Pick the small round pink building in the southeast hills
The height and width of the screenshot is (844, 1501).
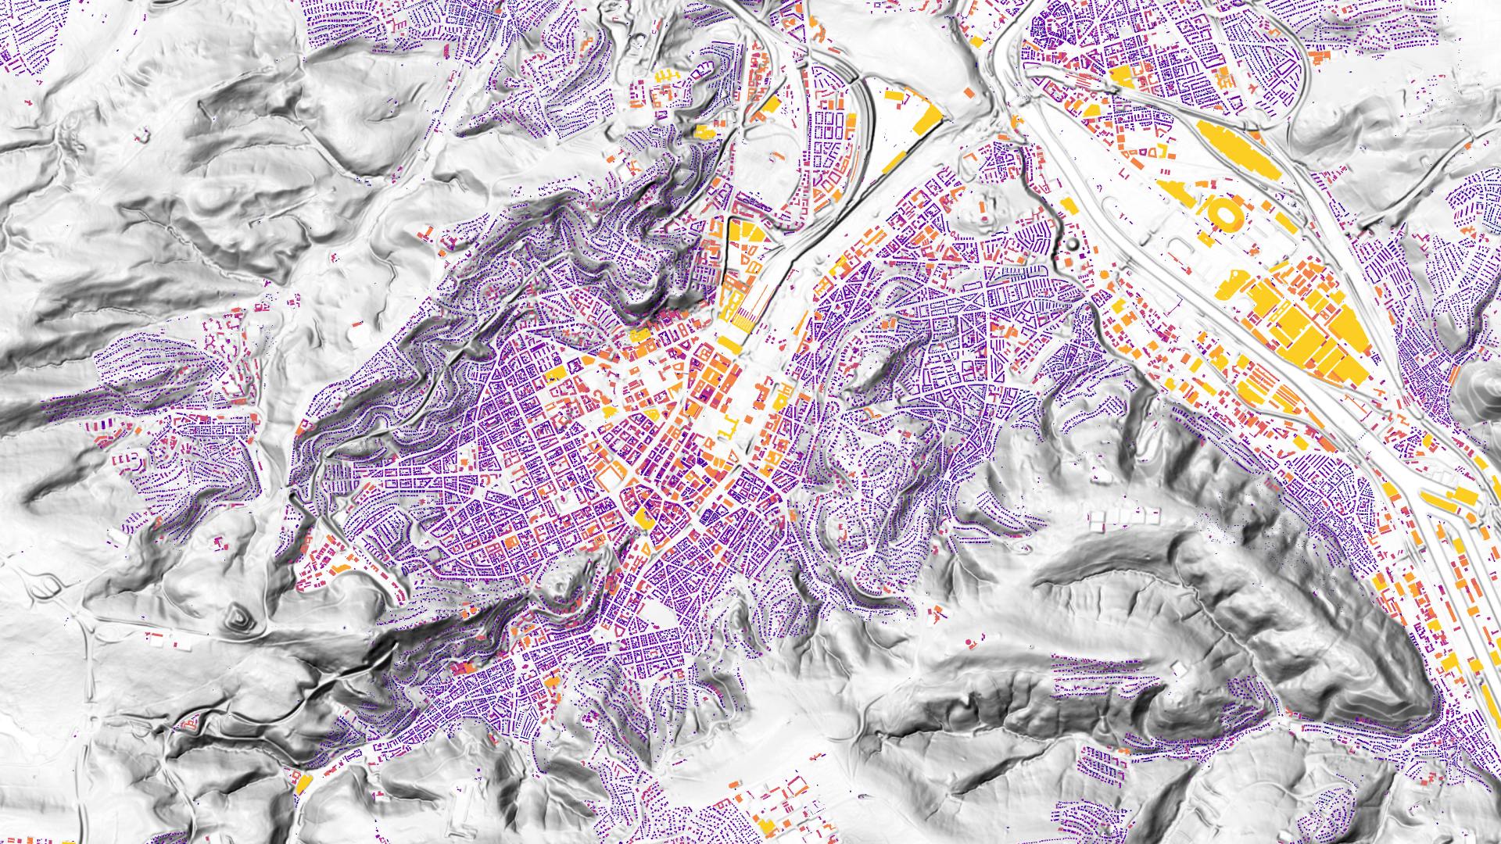969,643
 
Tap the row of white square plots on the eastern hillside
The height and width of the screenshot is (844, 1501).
1126,517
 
